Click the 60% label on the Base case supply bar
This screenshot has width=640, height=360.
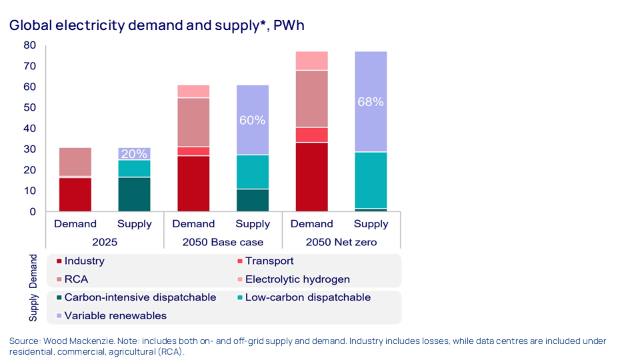coord(253,121)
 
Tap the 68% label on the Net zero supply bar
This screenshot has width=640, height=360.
coord(371,102)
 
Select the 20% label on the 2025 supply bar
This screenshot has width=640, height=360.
coord(134,154)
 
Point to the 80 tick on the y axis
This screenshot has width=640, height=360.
coord(29,45)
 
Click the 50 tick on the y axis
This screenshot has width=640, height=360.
coord(29,108)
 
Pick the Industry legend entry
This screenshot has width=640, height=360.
coord(84,261)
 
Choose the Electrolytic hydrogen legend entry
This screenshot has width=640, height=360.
coord(297,279)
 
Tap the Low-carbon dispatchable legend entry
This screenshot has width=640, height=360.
coord(307,297)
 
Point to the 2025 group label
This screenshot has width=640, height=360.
coord(105,242)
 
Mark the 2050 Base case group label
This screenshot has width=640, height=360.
coord(223,242)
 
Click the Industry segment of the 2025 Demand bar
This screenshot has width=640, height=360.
coord(75,195)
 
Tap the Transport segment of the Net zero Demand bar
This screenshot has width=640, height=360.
coord(311,135)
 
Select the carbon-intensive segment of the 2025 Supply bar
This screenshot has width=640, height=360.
coord(134,195)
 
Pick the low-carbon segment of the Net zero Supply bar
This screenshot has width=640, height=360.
coord(371,180)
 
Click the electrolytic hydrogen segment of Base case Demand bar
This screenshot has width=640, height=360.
coord(193,91)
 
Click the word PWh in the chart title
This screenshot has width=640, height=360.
coord(289,25)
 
